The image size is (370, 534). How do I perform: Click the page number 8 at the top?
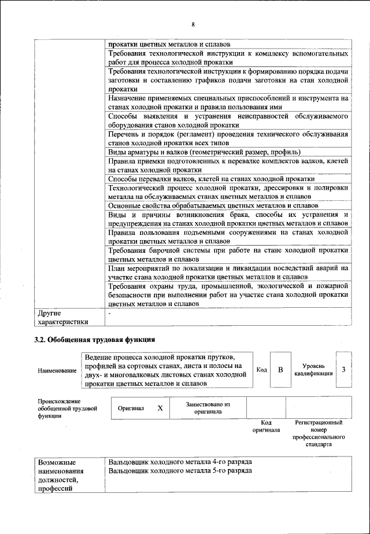coord(193,24)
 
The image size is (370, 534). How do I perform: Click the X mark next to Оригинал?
coord(160,408)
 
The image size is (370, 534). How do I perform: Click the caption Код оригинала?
coord(266,426)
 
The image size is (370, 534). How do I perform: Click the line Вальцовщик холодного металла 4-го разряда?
coord(180,462)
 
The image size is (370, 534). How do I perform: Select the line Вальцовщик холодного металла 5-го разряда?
coord(180,471)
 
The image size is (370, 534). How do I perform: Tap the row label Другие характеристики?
coord(63,317)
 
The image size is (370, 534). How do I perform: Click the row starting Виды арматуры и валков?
coord(203,152)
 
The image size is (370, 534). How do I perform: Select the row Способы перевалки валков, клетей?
coord(211,179)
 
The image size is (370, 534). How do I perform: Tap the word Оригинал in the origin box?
coord(131,408)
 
